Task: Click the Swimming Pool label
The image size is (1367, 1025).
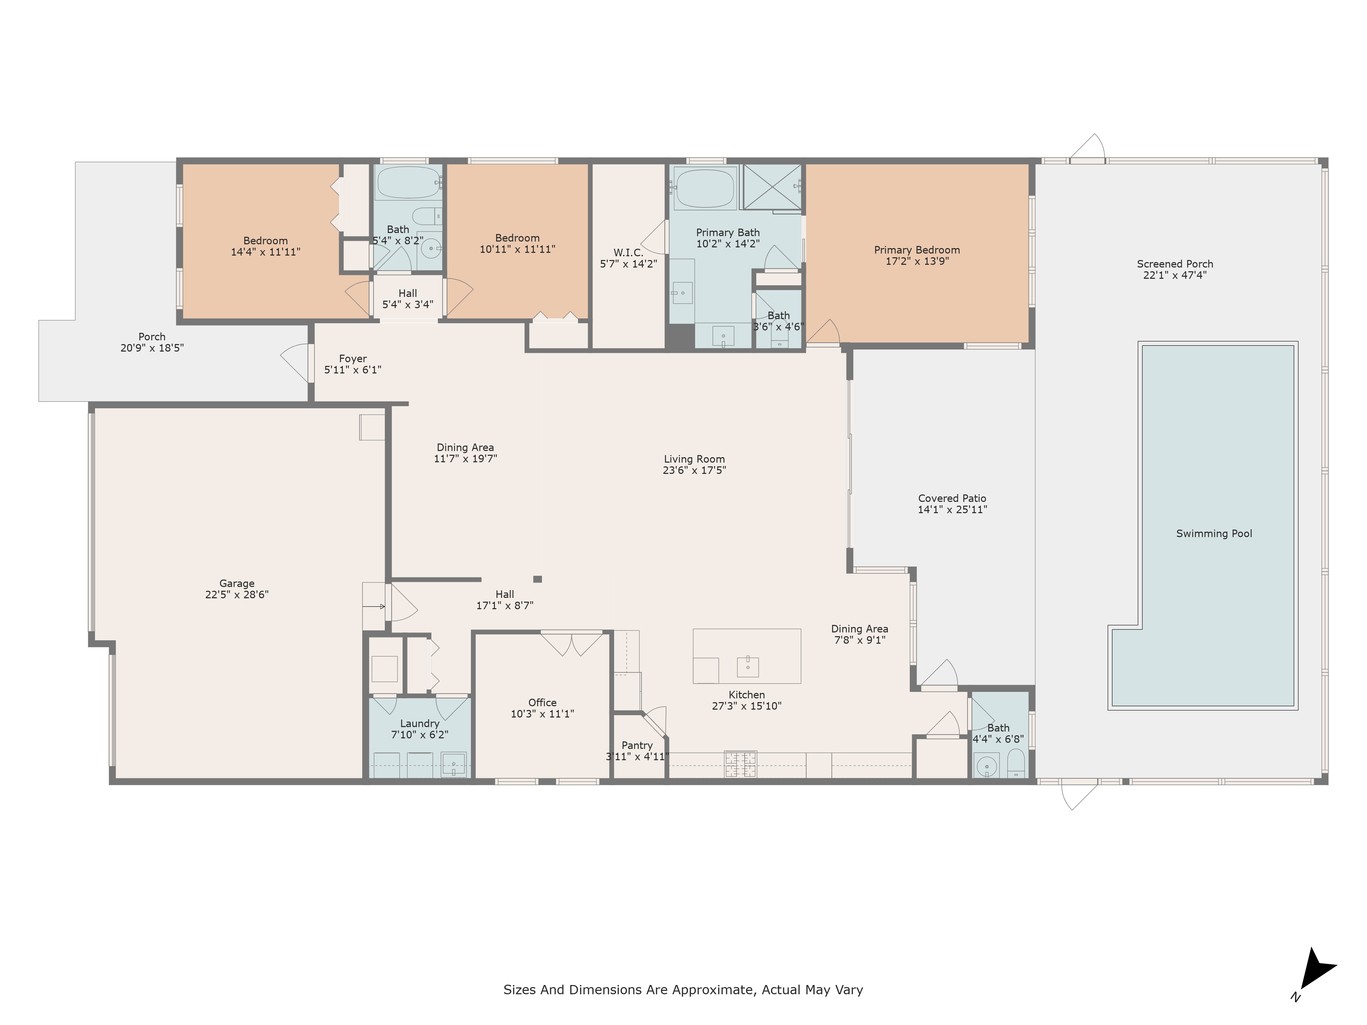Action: click(1214, 534)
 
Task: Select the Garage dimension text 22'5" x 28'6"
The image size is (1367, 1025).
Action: click(237, 595)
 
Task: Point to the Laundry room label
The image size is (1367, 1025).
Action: click(420, 724)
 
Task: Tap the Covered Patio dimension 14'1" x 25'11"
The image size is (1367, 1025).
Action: click(952, 510)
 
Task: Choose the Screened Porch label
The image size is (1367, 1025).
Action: click(1175, 264)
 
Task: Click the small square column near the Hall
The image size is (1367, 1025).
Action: click(538, 579)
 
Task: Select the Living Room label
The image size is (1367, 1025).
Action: click(694, 459)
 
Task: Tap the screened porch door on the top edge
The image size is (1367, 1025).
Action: click(1088, 148)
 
